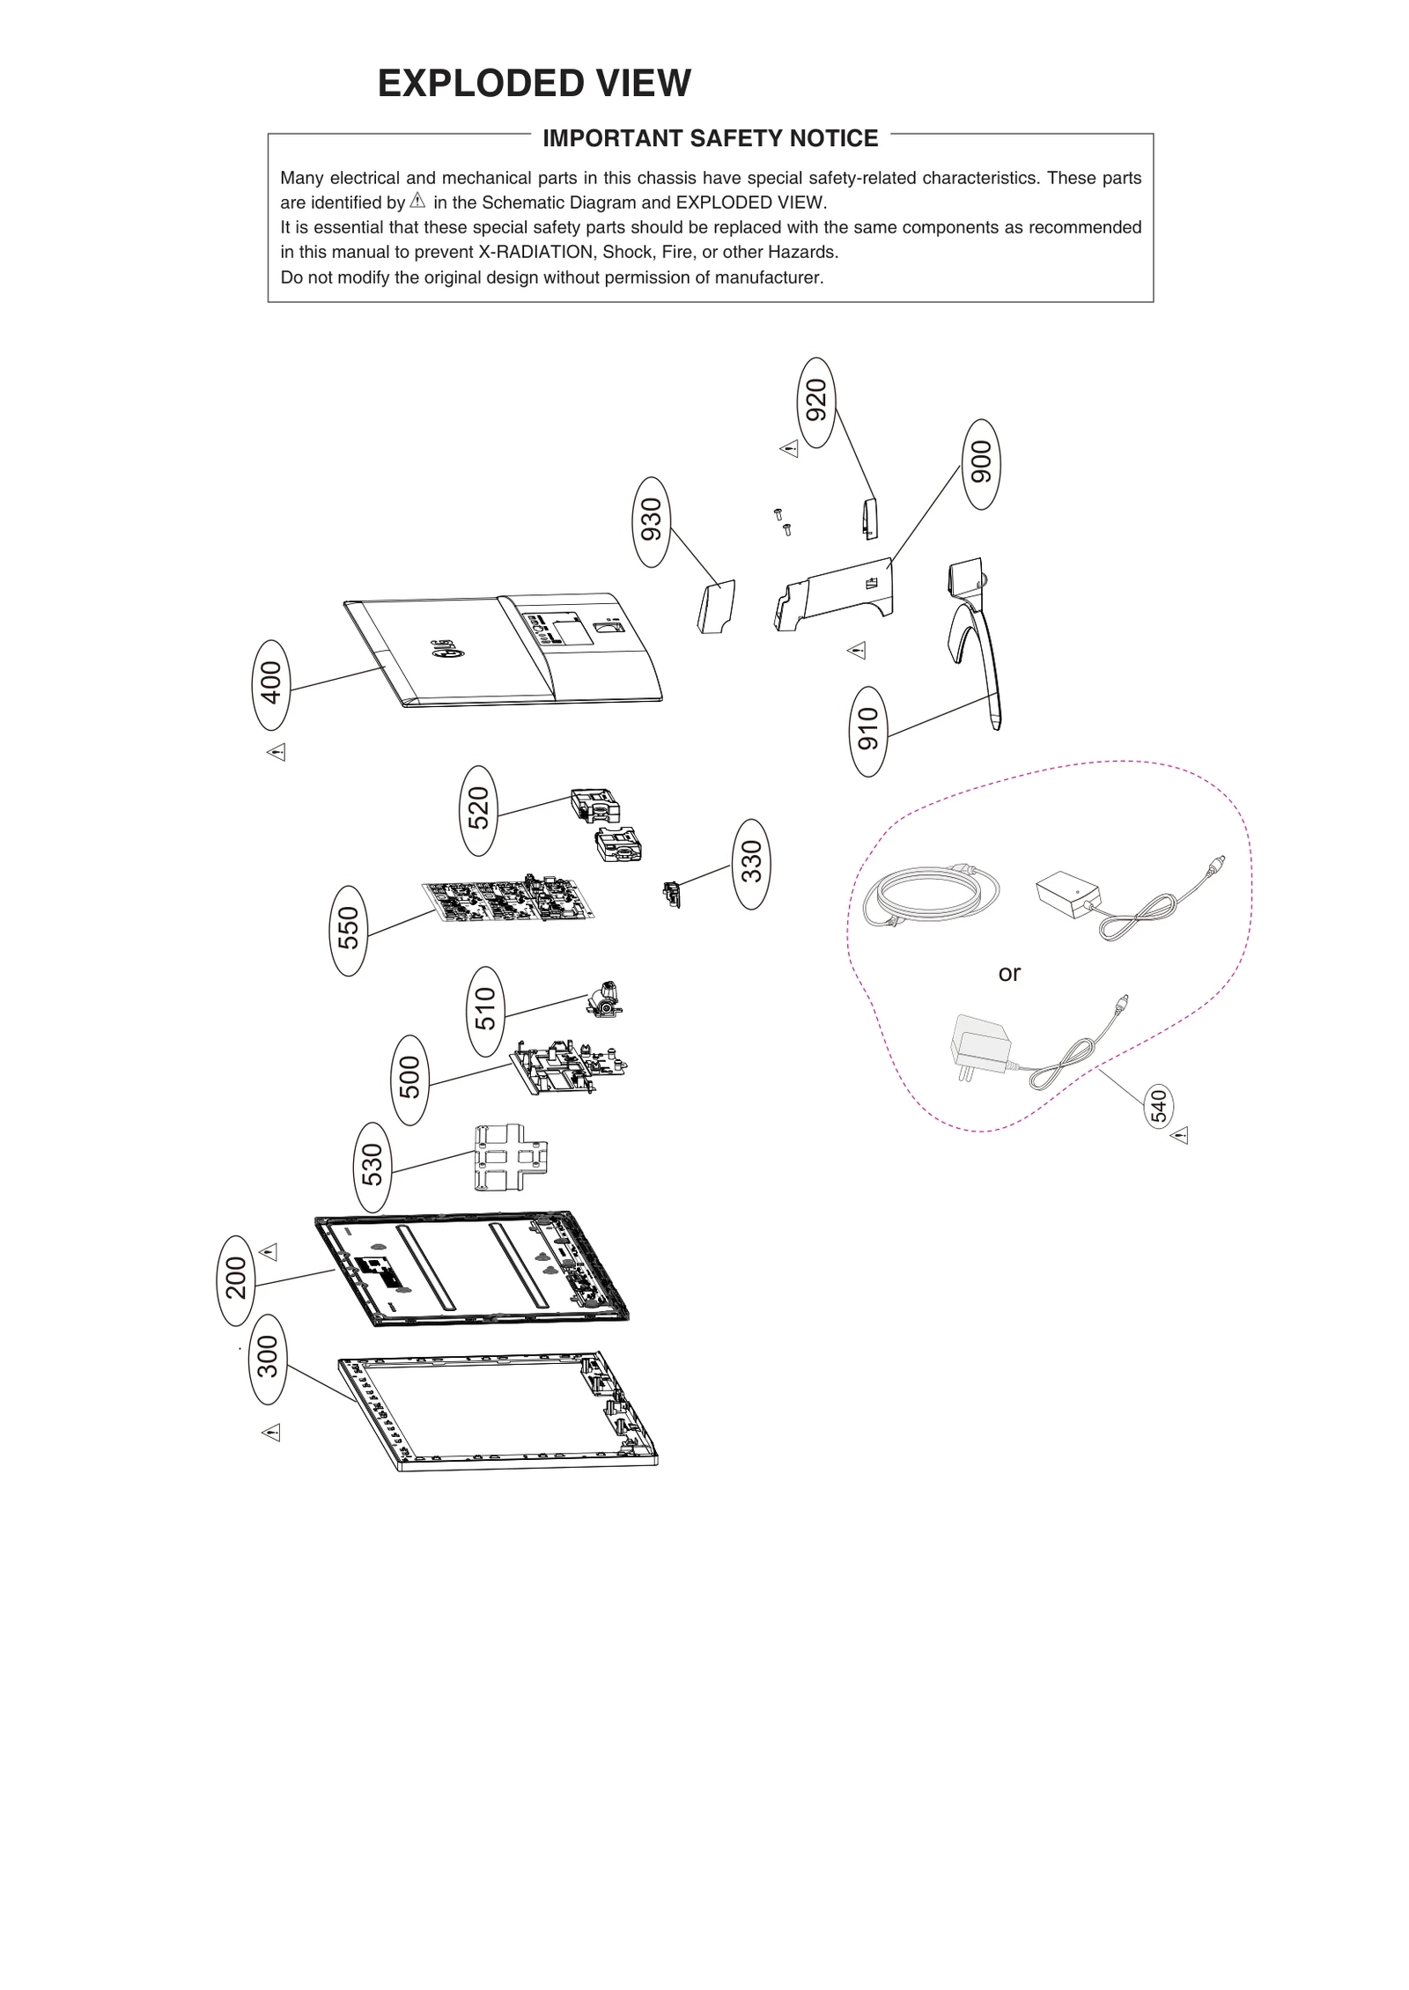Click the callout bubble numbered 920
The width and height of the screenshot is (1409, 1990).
[816, 402]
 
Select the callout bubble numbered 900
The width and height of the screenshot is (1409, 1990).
[980, 464]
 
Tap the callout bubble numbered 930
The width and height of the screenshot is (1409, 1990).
[651, 521]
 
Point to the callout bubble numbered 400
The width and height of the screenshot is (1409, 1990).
[271, 684]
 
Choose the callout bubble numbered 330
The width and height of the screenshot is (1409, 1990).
[750, 863]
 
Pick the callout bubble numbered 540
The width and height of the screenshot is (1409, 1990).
[1158, 1107]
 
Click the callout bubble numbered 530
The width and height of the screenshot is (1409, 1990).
[373, 1166]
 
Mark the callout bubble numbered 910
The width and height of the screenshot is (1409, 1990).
[868, 731]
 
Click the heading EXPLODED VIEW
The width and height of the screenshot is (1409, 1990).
[534, 84]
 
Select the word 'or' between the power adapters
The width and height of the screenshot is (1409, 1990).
[1009, 973]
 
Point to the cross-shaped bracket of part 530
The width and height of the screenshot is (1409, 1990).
[508, 1157]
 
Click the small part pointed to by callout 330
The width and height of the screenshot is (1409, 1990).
[672, 895]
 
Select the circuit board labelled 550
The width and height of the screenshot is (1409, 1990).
[509, 900]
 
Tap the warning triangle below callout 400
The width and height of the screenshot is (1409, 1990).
[277, 752]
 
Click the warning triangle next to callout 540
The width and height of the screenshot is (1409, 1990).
[1180, 1135]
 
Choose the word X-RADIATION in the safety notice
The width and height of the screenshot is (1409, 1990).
[535, 253]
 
